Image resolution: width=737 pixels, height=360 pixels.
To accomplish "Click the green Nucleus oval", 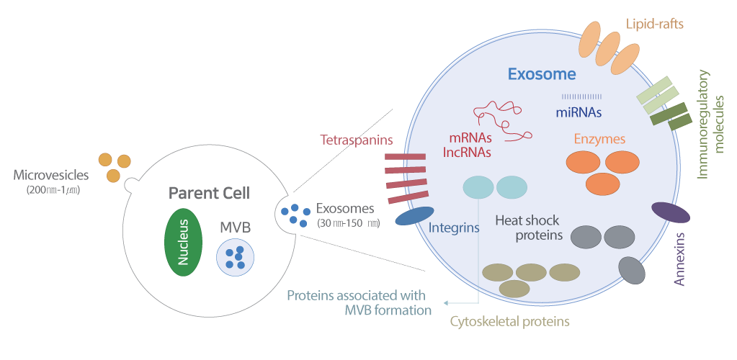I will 184,242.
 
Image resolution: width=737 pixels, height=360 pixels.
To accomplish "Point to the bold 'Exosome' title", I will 542,74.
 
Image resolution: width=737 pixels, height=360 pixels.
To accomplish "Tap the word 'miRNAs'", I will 579,112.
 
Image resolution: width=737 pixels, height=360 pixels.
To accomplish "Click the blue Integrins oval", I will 414,215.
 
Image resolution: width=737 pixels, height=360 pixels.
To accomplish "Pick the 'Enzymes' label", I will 599,138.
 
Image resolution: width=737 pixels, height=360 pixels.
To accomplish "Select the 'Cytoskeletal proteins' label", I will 509,320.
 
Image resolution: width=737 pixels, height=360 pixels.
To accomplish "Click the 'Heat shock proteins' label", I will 527,228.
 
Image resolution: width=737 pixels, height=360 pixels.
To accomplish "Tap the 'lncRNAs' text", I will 467,152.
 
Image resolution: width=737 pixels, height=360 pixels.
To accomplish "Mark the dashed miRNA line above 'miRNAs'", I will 581,96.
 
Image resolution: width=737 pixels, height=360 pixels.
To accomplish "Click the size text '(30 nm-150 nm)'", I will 348,223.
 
